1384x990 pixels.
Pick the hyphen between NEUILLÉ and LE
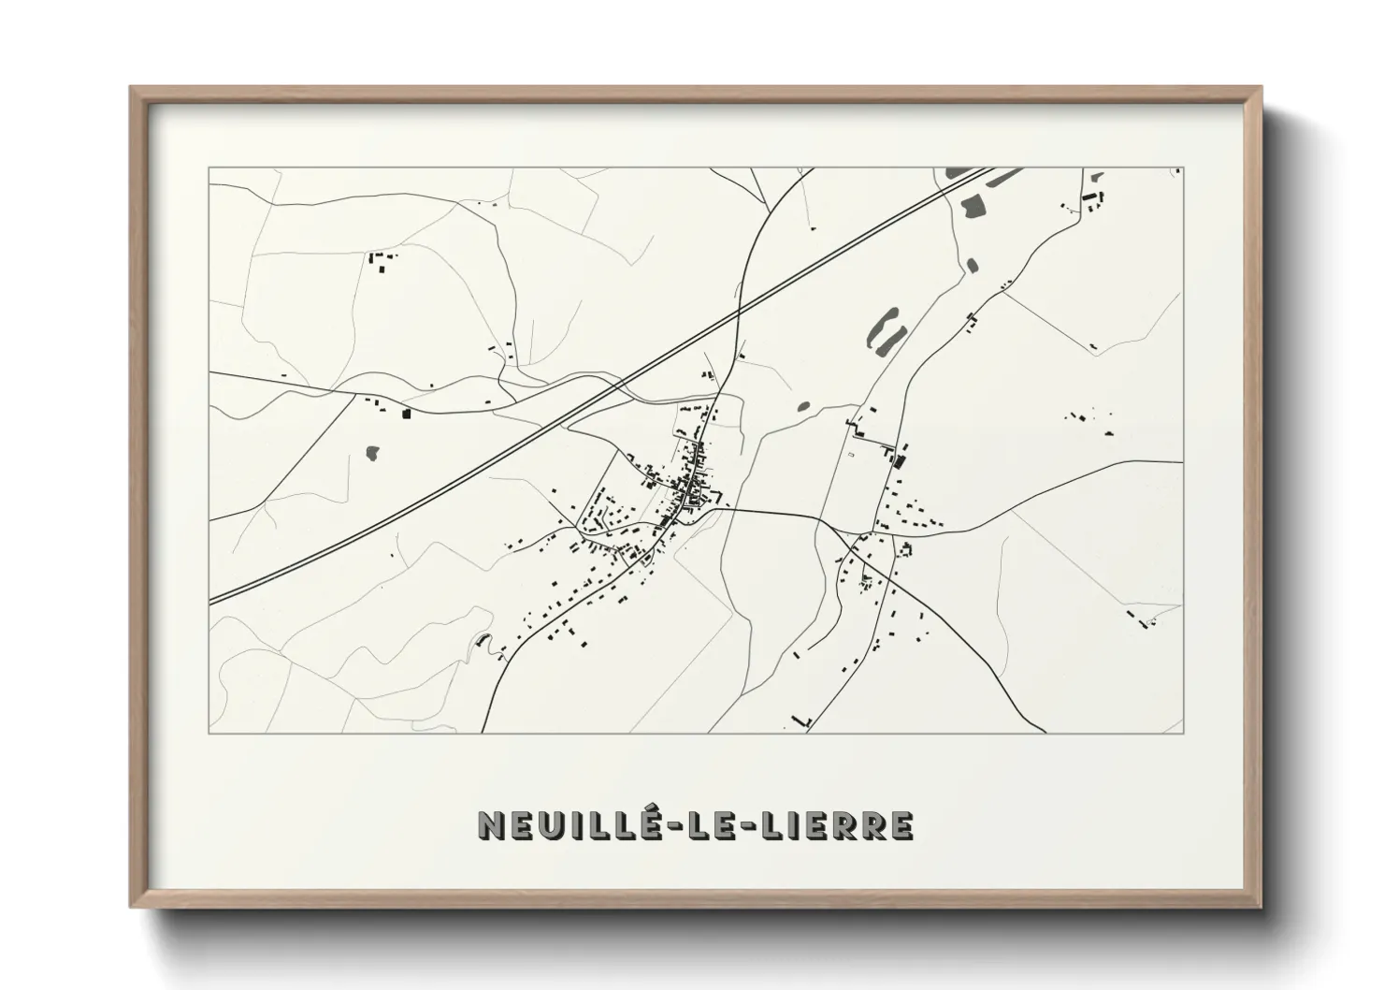coord(666,825)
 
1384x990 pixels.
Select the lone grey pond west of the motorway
coord(373,453)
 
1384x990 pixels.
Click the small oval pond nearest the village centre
coord(802,406)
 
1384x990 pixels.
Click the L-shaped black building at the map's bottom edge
coord(800,721)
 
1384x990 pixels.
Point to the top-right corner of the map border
coord(1182,168)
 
